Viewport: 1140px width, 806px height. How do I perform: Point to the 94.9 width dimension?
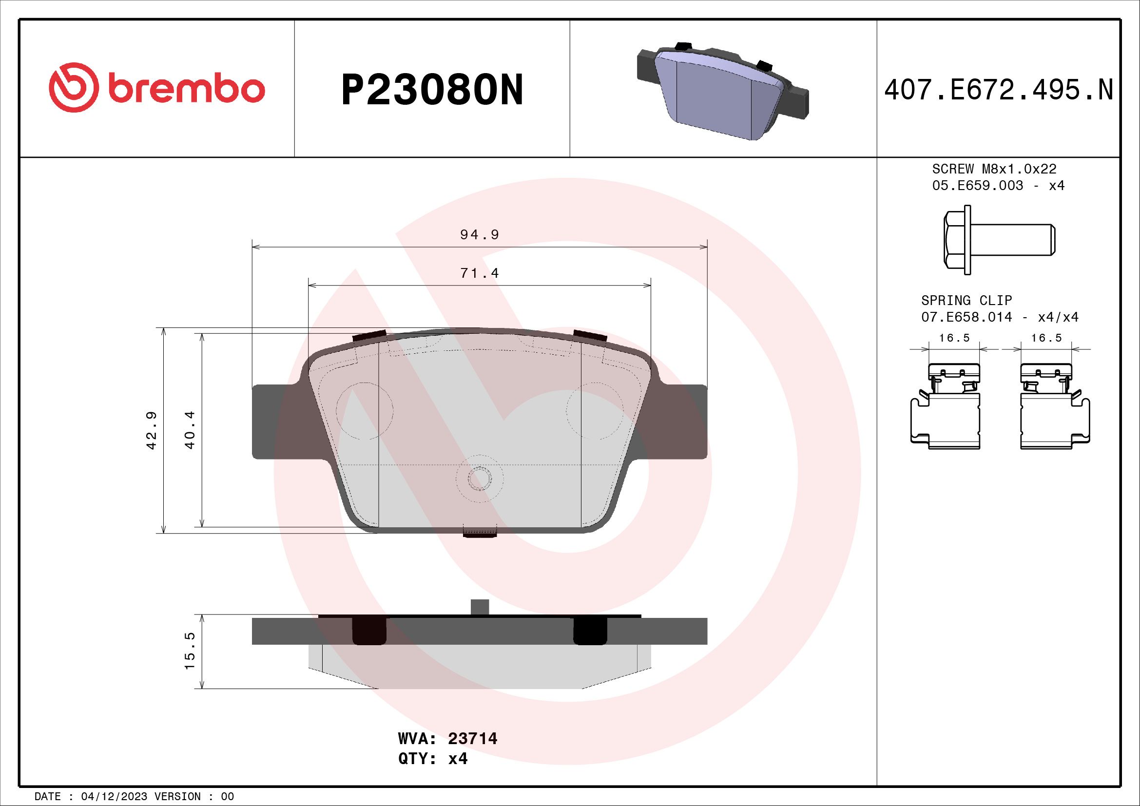coord(479,235)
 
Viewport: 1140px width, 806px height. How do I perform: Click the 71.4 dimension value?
coord(479,273)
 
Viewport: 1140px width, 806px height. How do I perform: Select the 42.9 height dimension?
coord(152,430)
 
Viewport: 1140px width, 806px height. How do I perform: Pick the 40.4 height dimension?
coord(190,430)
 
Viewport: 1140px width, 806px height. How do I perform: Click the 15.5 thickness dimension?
coord(190,651)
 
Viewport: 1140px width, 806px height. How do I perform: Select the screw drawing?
coord(998,240)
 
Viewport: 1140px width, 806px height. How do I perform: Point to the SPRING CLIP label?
coord(966,300)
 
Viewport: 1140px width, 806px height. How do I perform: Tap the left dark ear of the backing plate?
coord(271,422)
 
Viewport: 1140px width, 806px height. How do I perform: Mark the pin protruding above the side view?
coord(479,607)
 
